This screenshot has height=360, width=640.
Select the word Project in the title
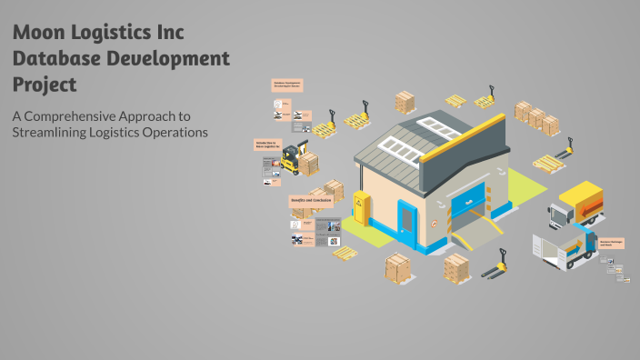pyautogui.click(x=45, y=85)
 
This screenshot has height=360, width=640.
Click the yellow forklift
pyautogui.click(x=291, y=157)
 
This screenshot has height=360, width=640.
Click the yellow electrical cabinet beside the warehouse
pyautogui.click(x=362, y=209)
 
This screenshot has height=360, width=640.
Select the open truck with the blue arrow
pyautogui.click(x=565, y=252)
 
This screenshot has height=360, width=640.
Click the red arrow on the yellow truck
pyautogui.click(x=592, y=212)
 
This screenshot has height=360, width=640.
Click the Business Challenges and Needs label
pyautogui.click(x=611, y=243)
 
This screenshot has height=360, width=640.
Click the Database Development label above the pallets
pyautogui.click(x=286, y=85)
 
